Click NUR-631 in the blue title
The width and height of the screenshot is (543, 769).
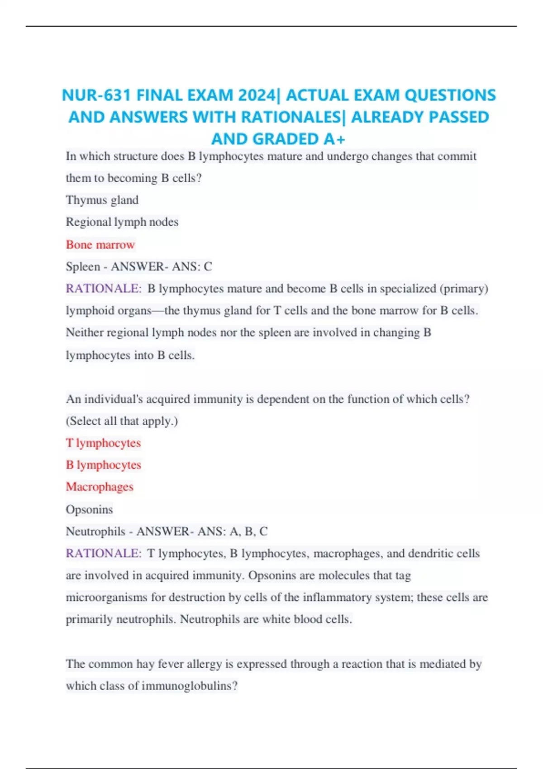(x=96, y=95)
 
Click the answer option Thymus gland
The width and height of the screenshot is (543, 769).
(x=102, y=200)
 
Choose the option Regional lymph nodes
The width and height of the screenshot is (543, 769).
(x=122, y=222)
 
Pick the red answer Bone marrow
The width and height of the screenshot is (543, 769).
(x=100, y=245)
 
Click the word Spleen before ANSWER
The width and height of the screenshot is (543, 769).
(x=83, y=267)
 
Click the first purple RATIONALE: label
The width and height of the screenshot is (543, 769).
(x=104, y=289)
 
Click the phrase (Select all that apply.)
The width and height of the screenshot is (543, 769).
(x=122, y=421)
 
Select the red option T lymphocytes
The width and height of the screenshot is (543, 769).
(x=103, y=443)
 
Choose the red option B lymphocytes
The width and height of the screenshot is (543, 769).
(x=104, y=465)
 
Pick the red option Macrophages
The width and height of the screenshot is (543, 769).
(x=100, y=487)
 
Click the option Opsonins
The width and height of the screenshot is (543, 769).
(x=89, y=509)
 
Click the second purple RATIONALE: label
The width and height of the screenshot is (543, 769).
(x=104, y=553)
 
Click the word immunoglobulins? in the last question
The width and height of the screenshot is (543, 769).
(x=190, y=686)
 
